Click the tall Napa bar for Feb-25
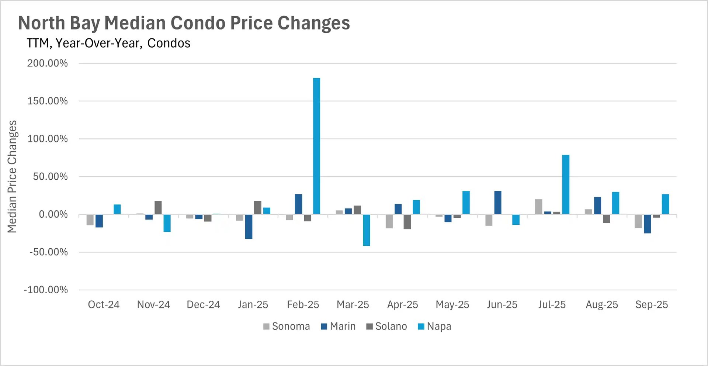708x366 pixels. click(316, 146)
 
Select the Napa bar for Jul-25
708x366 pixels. click(566, 184)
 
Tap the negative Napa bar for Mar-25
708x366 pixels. click(366, 230)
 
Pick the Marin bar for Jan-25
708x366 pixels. click(249, 227)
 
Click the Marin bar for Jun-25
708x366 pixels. click(498, 203)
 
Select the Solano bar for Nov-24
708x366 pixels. click(158, 207)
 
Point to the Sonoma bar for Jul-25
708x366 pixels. click(538, 207)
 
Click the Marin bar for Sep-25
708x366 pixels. click(647, 224)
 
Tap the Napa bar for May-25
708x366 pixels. click(466, 203)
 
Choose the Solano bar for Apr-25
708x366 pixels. click(407, 222)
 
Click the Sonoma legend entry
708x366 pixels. click(287, 327)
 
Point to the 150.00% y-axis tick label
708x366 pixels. click(48, 101)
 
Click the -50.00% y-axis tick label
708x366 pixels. click(49, 252)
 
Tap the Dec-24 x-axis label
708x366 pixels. click(203, 305)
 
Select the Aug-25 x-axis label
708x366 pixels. click(601, 305)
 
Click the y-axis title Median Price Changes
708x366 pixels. click(12, 176)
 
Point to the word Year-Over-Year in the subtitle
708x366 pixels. click(98, 44)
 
